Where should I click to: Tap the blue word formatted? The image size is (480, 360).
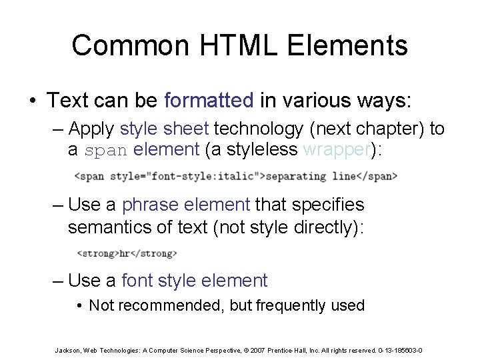209,101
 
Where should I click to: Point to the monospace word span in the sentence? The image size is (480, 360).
106,151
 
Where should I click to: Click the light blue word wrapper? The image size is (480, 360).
336,150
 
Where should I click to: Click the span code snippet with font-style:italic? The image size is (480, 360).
235,177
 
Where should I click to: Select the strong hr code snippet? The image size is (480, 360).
127,253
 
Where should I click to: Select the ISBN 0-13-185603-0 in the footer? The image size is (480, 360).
399,350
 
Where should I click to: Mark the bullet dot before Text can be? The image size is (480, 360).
32,101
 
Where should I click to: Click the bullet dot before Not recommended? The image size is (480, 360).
79,306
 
